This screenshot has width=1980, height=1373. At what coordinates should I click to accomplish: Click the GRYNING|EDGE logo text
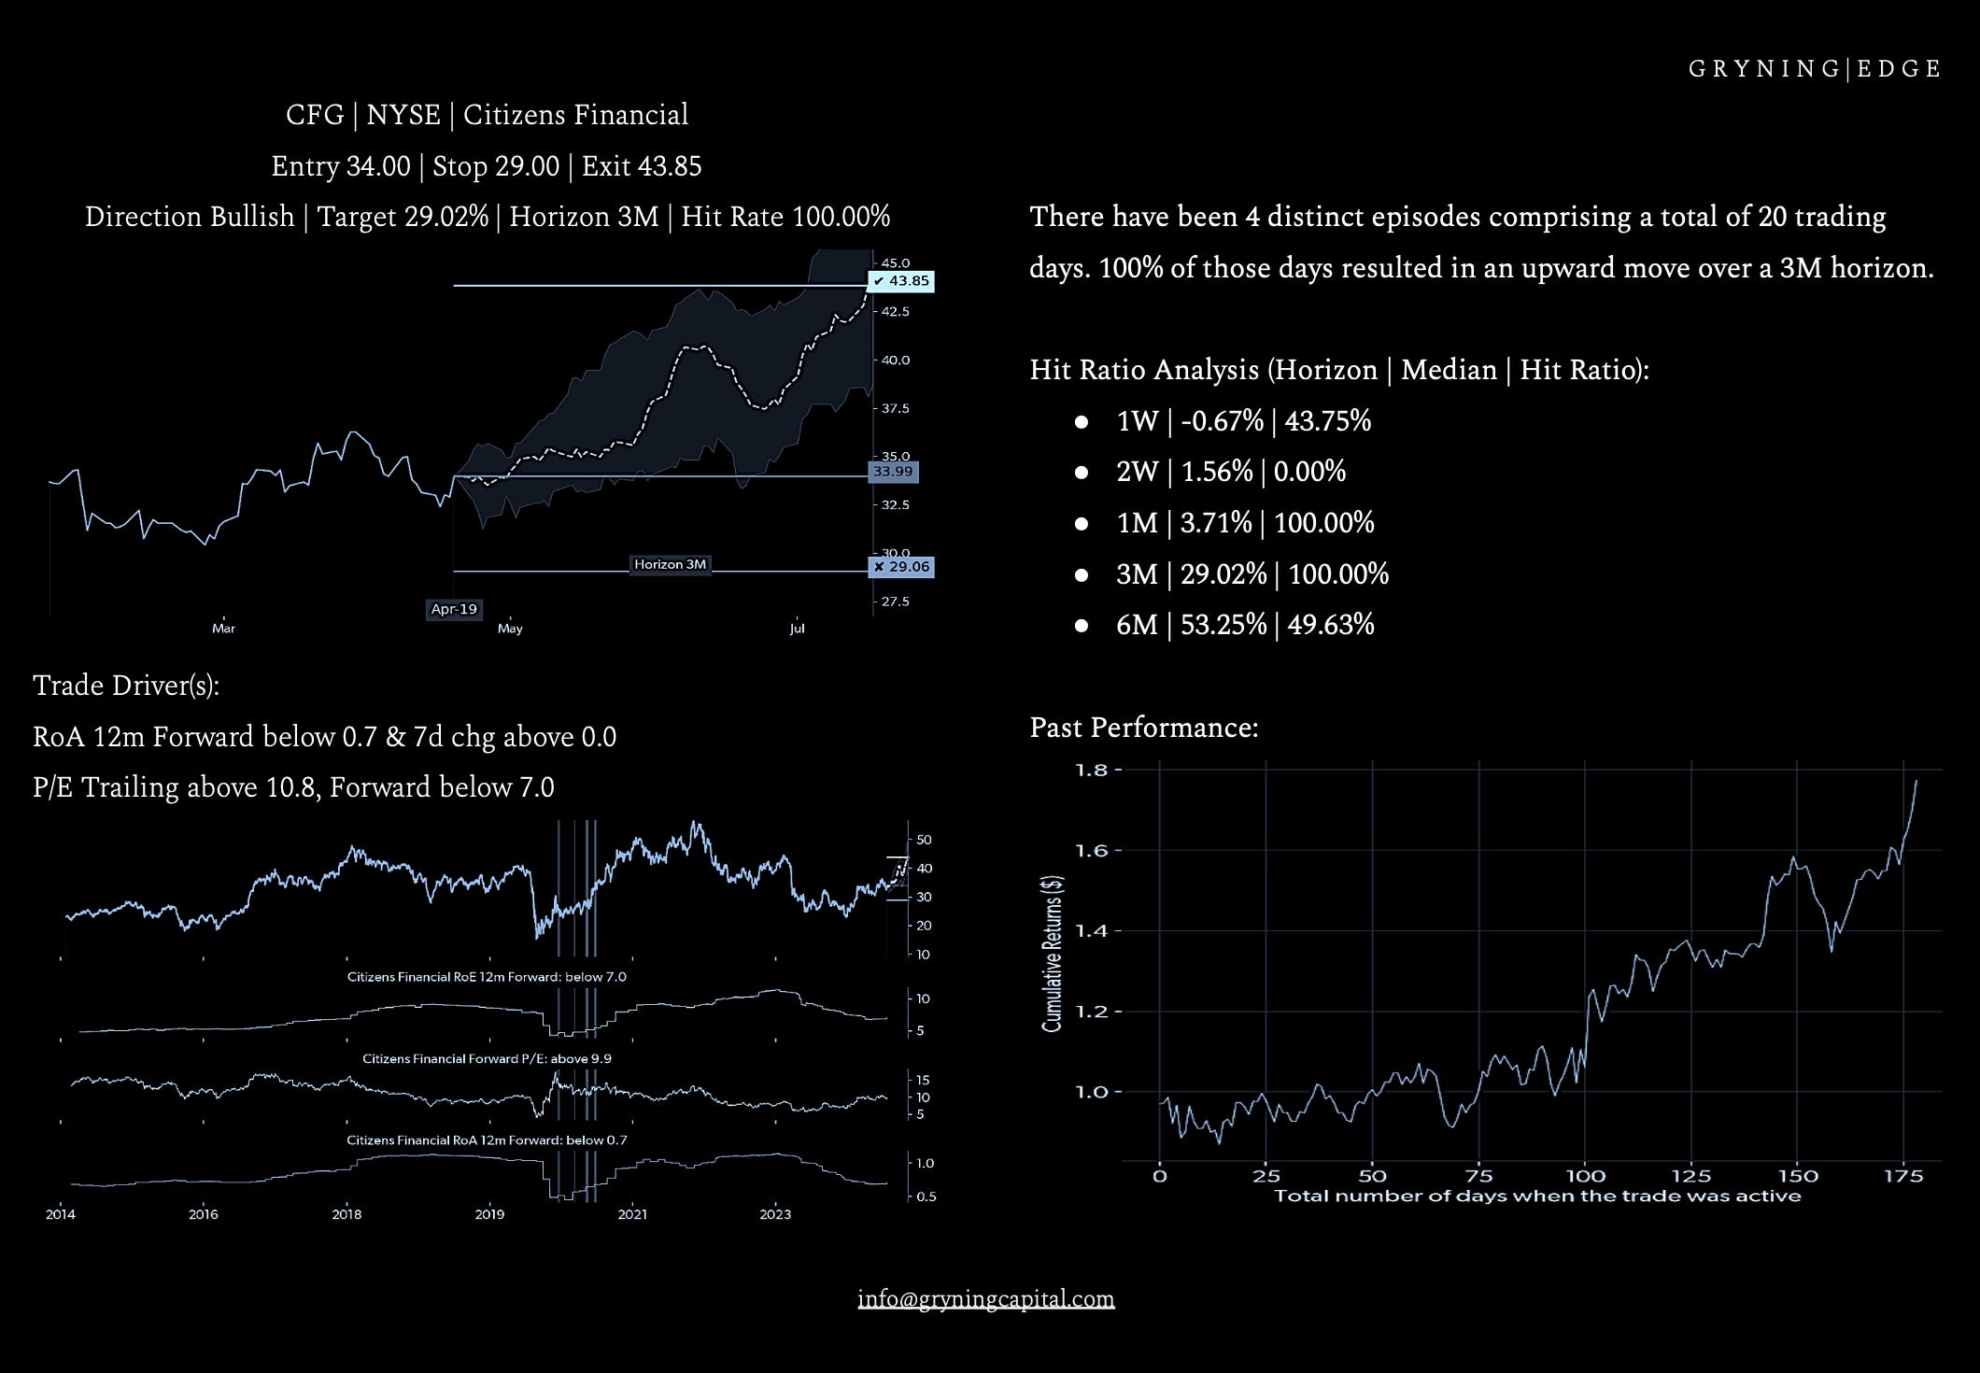pos(1815,69)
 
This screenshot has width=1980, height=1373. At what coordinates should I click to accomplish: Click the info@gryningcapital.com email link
pos(985,1298)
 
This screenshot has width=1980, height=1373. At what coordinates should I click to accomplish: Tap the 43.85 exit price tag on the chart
pos(901,281)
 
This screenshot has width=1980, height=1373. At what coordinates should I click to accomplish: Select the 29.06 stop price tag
pos(901,567)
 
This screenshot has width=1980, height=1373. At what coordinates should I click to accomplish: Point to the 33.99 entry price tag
pos(893,472)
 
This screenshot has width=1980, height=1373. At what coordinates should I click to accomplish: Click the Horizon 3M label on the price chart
pos(670,564)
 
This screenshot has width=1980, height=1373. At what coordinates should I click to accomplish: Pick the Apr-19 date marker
pos(454,609)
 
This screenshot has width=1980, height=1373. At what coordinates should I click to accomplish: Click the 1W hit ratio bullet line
pos(1243,421)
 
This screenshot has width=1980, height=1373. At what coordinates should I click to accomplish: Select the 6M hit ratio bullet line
pos(1244,625)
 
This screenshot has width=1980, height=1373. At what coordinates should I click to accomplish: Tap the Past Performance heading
pos(1143,728)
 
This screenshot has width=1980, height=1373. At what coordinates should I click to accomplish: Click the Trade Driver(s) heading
pos(126,686)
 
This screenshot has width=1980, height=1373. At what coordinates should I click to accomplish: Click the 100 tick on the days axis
pos(1585,1176)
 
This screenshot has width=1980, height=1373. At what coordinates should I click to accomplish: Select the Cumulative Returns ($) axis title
pos(1053,953)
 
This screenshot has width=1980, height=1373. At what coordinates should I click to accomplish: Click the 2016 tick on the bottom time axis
pos(203,1214)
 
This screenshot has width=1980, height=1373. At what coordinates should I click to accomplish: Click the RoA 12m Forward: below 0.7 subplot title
pos(487,1140)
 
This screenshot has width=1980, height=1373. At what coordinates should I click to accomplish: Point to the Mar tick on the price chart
pos(223,629)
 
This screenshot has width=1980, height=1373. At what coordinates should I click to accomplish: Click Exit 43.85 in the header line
pos(642,166)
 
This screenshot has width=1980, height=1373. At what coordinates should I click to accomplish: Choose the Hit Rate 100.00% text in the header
pos(785,217)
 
